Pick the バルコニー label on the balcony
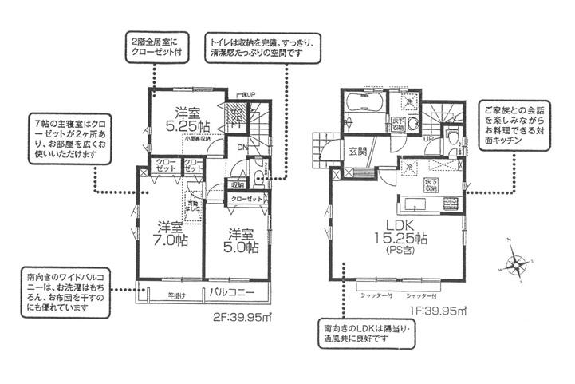pos(232,293)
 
